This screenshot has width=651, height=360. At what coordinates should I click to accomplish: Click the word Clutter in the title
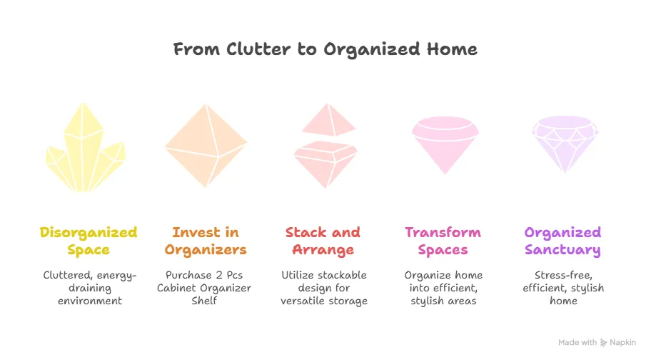[x=258, y=49]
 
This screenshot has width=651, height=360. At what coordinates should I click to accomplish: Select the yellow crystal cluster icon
[x=85, y=147]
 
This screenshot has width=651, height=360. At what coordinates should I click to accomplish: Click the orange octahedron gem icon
[x=206, y=146]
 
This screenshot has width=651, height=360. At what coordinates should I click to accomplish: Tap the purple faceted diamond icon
[x=565, y=144]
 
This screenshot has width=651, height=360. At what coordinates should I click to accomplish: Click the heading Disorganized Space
[x=89, y=241]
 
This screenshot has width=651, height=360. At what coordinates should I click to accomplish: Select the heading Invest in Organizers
[x=206, y=241]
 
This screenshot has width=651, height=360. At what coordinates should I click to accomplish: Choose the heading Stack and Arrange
[x=323, y=241]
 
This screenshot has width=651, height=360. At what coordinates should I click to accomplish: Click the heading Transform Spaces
[x=443, y=241]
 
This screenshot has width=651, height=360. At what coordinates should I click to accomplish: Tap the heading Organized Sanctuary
[x=562, y=241]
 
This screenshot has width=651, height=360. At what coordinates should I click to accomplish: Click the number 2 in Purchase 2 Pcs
[x=221, y=275]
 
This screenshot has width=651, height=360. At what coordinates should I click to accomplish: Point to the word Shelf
[x=204, y=301]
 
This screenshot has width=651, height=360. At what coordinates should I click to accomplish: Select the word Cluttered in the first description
[x=67, y=275]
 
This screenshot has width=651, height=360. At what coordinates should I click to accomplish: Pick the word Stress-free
[x=563, y=275]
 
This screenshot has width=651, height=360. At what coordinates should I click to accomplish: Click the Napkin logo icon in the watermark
[x=604, y=343]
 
